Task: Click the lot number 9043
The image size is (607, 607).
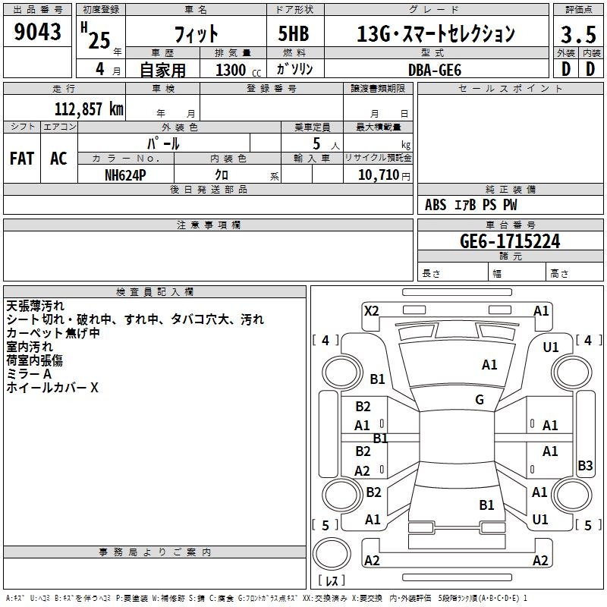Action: click(x=37, y=32)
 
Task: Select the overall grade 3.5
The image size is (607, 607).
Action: click(x=578, y=35)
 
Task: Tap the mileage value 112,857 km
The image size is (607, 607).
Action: click(x=89, y=109)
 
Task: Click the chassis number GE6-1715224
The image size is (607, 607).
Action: click(x=510, y=241)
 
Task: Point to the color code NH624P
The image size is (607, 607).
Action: click(x=125, y=175)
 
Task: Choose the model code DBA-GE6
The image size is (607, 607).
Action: click(x=435, y=70)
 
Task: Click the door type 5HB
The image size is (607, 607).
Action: click(x=294, y=33)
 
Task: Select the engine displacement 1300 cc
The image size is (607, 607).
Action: click(x=238, y=70)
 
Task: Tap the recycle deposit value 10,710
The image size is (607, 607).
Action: click(x=379, y=175)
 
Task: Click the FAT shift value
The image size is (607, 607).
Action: click(x=22, y=159)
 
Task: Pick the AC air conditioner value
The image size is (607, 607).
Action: click(x=58, y=159)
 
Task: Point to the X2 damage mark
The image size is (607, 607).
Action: click(x=371, y=311)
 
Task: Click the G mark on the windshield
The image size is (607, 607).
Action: click(x=480, y=399)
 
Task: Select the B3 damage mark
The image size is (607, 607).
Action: click(x=585, y=465)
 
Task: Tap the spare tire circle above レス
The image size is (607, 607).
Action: click(x=332, y=553)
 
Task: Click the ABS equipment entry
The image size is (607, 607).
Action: click(x=436, y=205)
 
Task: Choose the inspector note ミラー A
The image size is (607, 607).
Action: click(x=29, y=374)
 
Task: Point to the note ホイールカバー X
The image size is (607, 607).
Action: click(x=52, y=388)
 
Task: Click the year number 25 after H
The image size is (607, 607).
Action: click(x=99, y=40)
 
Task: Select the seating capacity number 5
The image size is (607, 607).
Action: click(x=316, y=143)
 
